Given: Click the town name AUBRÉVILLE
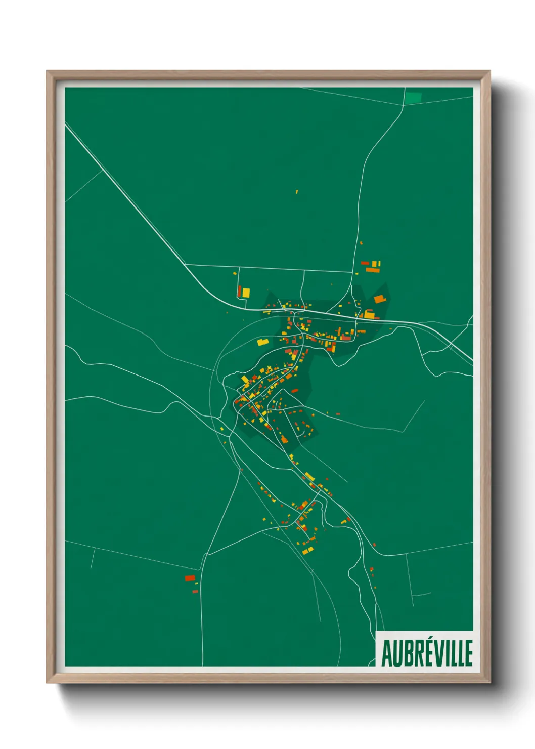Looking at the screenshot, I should tap(427, 653).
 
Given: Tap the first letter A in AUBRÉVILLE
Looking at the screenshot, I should tap(387, 653).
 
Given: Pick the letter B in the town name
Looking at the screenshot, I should tap(406, 653).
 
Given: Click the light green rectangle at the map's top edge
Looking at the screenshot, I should tap(414, 97).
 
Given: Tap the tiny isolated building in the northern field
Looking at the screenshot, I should tap(297, 192).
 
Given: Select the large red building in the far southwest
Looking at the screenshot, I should tap(190, 578).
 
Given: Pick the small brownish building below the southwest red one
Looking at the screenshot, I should tap(195, 591).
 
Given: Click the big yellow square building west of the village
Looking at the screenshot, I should tap(246, 292).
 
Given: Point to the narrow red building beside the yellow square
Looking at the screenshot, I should tap(239, 292).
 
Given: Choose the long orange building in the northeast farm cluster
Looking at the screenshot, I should tap(372, 270).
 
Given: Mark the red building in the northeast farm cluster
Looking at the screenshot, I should tap(365, 263).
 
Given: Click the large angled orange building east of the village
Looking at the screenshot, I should tap(379, 299).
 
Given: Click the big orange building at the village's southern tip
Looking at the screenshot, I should tap(284, 439).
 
